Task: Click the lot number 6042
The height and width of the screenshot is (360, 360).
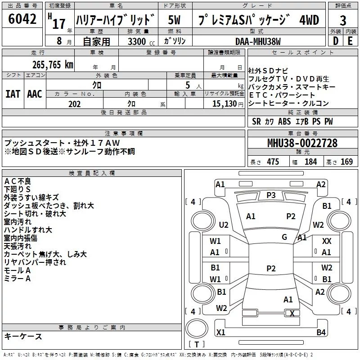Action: click(x=22, y=19)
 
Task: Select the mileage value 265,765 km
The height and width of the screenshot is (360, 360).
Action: click(x=53, y=65)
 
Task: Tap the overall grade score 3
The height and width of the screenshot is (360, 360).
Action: click(x=343, y=20)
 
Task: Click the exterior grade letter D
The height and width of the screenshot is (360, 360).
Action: click(x=336, y=41)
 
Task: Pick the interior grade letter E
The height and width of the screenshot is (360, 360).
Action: click(x=350, y=41)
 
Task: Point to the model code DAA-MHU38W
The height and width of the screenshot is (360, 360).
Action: click(x=258, y=41)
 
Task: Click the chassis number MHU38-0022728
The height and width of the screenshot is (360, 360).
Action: click(x=302, y=143)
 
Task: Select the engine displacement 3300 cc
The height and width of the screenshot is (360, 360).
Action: click(x=141, y=41)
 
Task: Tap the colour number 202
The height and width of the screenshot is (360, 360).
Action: click(x=74, y=104)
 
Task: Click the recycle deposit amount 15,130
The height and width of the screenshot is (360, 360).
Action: click(x=225, y=104)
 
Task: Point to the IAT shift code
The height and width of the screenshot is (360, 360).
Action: click(x=13, y=94)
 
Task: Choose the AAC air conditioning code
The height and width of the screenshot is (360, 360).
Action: click(x=35, y=94)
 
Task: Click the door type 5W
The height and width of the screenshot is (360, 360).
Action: click(x=174, y=20)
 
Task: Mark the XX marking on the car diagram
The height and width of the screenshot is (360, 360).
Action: click(x=327, y=241)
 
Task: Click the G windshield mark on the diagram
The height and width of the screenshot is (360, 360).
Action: click(x=284, y=237)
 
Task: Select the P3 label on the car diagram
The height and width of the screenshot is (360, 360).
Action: click(x=271, y=195)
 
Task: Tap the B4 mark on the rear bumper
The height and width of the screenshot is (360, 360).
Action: click(x=321, y=332)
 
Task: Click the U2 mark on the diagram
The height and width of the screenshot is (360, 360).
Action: click(x=224, y=225)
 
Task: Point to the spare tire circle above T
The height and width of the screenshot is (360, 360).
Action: click(x=197, y=328)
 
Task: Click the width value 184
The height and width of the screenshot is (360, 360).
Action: click(x=311, y=162)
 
